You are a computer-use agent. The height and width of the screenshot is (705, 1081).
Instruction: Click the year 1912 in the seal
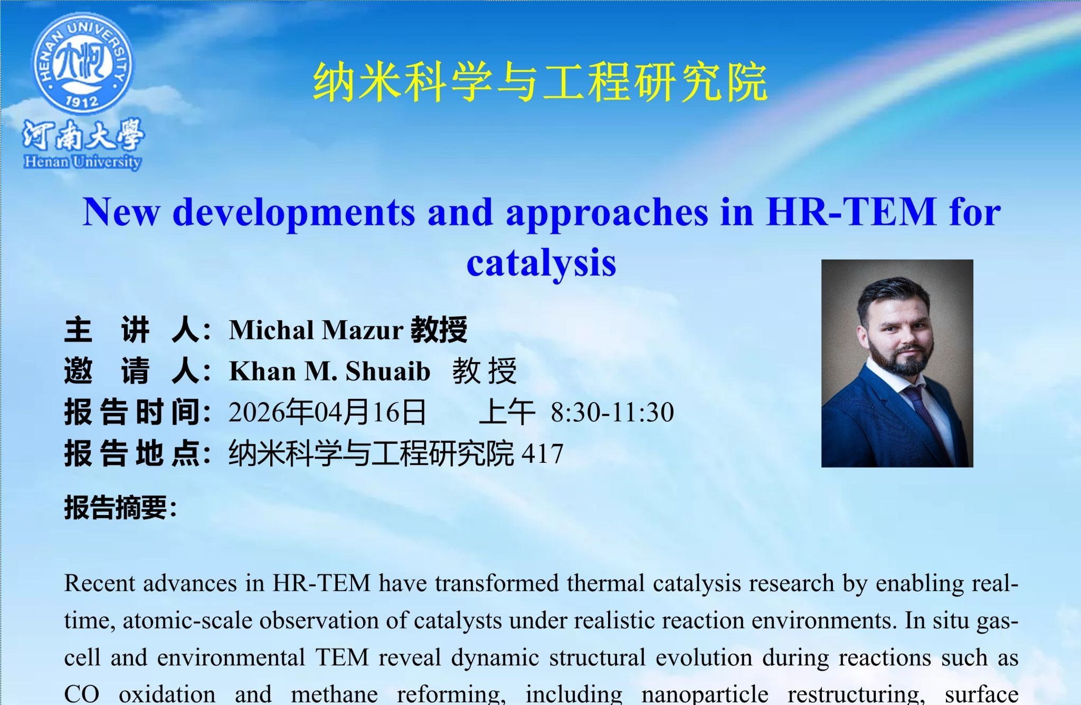click(x=83, y=100)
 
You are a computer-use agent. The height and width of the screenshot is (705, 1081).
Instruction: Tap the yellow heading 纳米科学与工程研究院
click(x=540, y=82)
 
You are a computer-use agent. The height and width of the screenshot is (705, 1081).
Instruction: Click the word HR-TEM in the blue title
click(x=851, y=212)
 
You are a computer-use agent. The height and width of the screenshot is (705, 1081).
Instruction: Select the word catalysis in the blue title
click(x=542, y=262)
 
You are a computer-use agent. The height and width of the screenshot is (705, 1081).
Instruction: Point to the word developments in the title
click(x=293, y=212)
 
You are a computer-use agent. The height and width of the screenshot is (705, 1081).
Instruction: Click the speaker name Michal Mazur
click(x=316, y=330)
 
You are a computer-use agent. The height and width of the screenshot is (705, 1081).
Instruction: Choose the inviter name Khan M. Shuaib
click(x=330, y=371)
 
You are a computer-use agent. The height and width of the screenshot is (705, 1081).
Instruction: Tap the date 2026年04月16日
click(x=327, y=412)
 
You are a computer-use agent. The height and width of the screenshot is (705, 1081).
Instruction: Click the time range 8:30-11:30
click(x=612, y=412)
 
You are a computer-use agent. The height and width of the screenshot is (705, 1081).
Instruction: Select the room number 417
click(x=542, y=453)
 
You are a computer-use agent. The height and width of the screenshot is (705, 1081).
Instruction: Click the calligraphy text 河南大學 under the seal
click(x=83, y=135)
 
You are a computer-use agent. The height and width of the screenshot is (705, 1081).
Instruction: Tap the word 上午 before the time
click(x=507, y=412)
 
